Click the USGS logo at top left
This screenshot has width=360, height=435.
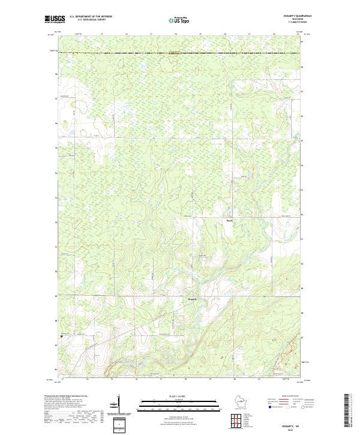(x=55, y=19)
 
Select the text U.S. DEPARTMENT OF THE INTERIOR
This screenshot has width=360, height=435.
(x=91, y=16)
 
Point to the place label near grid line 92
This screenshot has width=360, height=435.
(x=229, y=220)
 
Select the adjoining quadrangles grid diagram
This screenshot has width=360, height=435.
(x=240, y=419)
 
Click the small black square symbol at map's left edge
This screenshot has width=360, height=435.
(x=61, y=337)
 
